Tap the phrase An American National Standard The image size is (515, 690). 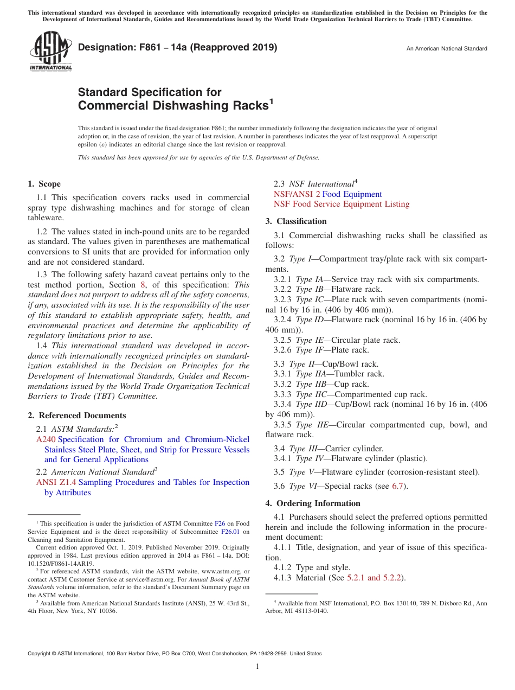(x=447, y=49)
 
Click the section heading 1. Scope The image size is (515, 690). (x=44, y=184)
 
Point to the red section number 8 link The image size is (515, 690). (x=143, y=285)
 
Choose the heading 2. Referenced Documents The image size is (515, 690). (x=76, y=416)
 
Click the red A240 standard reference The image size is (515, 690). (x=46, y=439)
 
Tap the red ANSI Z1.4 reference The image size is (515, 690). (x=56, y=482)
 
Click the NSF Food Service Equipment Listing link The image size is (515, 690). (x=341, y=204)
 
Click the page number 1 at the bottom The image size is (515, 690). (x=257, y=667)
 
